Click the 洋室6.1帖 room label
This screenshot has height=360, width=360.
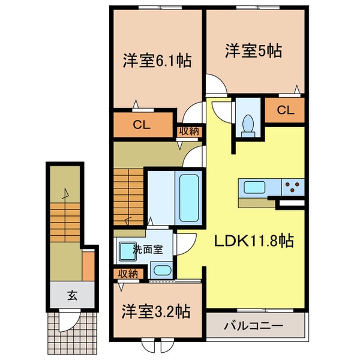(x=157, y=61)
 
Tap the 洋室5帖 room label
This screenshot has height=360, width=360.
(x=254, y=51)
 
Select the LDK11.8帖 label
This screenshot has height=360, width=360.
(x=254, y=241)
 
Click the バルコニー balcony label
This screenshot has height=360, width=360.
(x=254, y=327)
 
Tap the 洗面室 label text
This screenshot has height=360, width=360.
(x=148, y=250)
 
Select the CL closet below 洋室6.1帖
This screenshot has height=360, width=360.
(x=141, y=125)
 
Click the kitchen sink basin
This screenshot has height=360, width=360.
(x=251, y=187)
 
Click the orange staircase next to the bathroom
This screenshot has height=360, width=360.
(x=128, y=191)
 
